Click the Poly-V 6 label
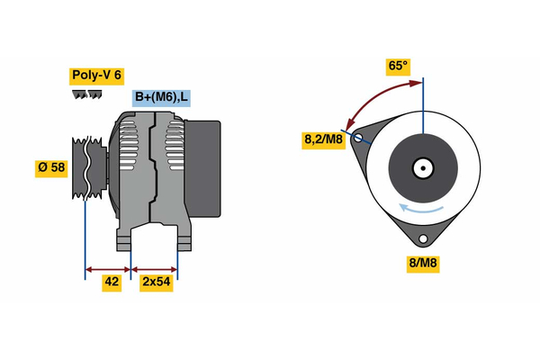[x=95, y=76]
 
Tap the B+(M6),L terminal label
[x=161, y=98]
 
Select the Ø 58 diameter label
[x=50, y=168]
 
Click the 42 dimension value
[x=111, y=282]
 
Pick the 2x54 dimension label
[x=157, y=282]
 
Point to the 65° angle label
[x=398, y=67]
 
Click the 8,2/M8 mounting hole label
[x=323, y=139]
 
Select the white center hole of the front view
[x=422, y=168]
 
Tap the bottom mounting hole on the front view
[x=422, y=239]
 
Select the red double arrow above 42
[x=108, y=268]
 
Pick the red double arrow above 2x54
[x=155, y=268]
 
